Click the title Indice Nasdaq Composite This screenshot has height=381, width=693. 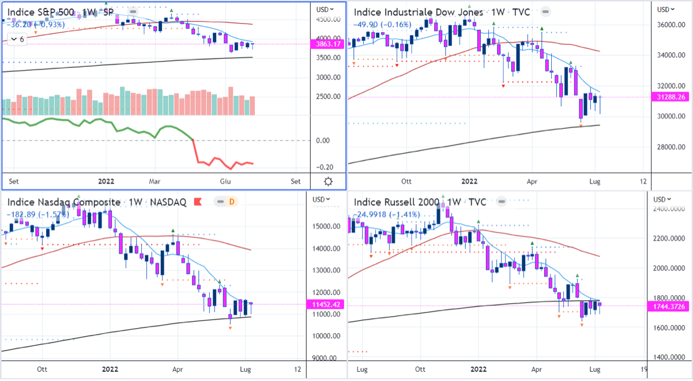64,202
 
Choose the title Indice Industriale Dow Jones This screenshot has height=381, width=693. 418,12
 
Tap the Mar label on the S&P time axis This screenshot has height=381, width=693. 155,181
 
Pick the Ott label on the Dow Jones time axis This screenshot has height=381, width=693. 408,181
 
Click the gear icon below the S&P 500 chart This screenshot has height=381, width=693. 328,181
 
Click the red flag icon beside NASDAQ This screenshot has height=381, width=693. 197,201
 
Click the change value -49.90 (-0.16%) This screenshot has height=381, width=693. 382,24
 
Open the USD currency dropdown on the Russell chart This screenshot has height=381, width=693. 663,200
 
